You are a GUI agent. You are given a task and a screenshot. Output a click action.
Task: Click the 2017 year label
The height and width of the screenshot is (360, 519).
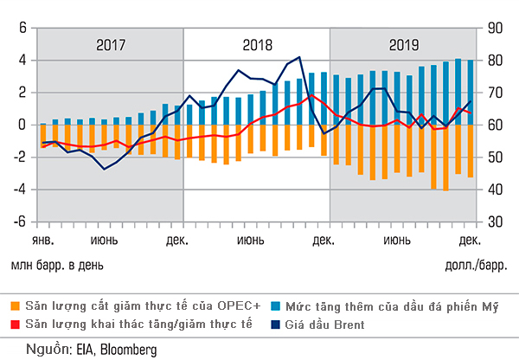pos(111,46)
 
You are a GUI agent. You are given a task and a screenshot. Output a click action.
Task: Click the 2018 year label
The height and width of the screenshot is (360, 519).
pos(257,46)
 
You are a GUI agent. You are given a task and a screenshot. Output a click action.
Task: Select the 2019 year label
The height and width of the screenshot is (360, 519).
pos(403,46)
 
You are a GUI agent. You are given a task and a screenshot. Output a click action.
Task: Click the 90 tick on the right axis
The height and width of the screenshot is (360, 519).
pos(496,28)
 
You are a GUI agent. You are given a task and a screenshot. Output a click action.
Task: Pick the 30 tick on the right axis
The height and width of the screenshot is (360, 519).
pos(496,222)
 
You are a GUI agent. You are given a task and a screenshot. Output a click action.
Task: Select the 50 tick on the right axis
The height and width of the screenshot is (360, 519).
pos(496,157)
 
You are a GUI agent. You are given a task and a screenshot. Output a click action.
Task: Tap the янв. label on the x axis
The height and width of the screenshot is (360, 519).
pos(43,238)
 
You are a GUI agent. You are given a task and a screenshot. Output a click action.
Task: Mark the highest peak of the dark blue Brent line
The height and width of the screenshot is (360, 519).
pos(299,57)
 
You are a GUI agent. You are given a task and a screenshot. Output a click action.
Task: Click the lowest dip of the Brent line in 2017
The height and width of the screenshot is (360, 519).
pos(105,169)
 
